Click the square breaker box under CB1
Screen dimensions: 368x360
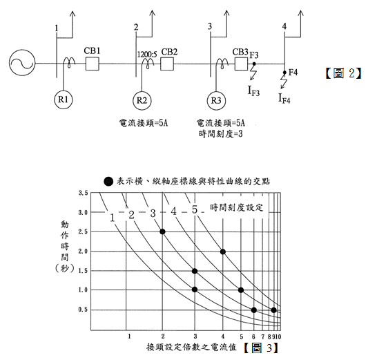92,64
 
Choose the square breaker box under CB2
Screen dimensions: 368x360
167,64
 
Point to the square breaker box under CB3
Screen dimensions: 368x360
241,64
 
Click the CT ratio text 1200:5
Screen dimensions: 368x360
147,55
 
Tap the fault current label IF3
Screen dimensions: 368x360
253,91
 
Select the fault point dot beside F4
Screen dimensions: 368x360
284,73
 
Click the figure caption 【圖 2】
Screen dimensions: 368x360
343,73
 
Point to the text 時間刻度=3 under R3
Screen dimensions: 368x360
220,134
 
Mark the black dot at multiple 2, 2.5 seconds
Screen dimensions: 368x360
162,231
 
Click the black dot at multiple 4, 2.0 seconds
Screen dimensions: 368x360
223,252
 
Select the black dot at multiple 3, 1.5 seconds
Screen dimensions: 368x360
195,272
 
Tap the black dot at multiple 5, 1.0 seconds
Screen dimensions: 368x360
241,290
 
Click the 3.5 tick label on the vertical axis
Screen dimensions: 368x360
83,193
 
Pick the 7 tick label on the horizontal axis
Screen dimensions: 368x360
263,337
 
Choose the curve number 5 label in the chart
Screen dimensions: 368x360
195,209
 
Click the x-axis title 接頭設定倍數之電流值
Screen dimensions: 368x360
191,347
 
